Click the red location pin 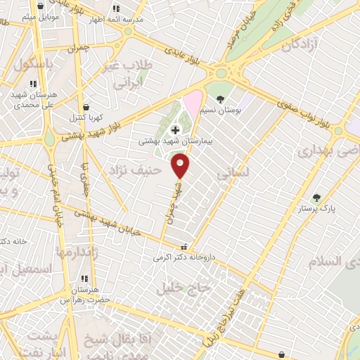point(181,165)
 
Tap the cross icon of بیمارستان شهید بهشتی point(174,130)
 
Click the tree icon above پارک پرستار point(316,198)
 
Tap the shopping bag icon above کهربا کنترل point(86,107)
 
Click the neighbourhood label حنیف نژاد point(136,169)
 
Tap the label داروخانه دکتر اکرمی point(184,257)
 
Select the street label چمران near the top point(79,49)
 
